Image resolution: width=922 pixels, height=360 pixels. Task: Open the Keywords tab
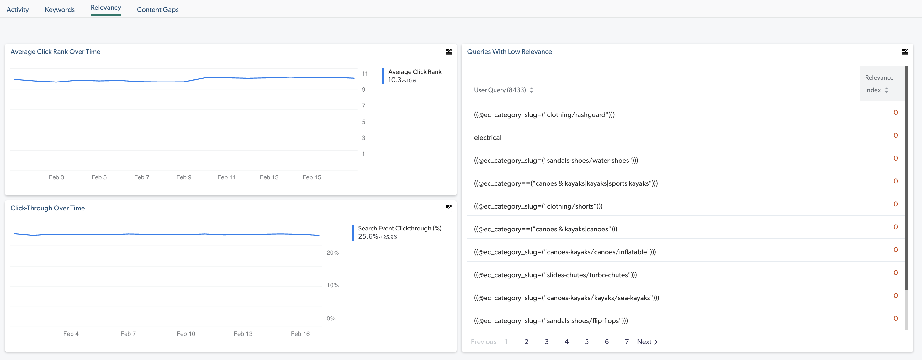(x=59, y=10)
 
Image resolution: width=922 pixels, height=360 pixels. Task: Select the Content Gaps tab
(x=157, y=10)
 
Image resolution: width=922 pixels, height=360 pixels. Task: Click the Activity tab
(x=18, y=10)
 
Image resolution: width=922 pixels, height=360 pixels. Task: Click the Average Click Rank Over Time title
(x=55, y=51)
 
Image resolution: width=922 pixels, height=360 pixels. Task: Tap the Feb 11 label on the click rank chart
(x=226, y=177)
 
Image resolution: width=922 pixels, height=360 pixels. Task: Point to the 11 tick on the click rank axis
(x=365, y=73)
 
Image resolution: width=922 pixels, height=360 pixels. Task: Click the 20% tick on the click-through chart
(x=332, y=253)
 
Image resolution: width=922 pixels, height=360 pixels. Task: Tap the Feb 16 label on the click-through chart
(x=300, y=334)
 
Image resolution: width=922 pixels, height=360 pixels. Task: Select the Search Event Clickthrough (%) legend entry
(x=400, y=228)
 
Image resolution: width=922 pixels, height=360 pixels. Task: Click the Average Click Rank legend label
(x=415, y=72)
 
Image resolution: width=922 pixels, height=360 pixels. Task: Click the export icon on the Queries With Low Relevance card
(x=905, y=52)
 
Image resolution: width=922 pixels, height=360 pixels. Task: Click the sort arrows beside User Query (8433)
(x=532, y=90)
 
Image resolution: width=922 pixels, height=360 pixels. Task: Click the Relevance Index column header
(x=879, y=84)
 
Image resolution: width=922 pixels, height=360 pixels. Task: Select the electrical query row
(x=487, y=137)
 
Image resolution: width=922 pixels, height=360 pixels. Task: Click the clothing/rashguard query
(x=544, y=114)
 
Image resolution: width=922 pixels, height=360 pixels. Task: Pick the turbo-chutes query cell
(x=555, y=275)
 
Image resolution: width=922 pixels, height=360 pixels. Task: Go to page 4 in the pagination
(x=567, y=341)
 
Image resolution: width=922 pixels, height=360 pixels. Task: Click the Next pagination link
(x=647, y=341)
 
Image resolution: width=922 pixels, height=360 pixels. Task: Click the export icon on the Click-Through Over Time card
(x=448, y=208)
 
